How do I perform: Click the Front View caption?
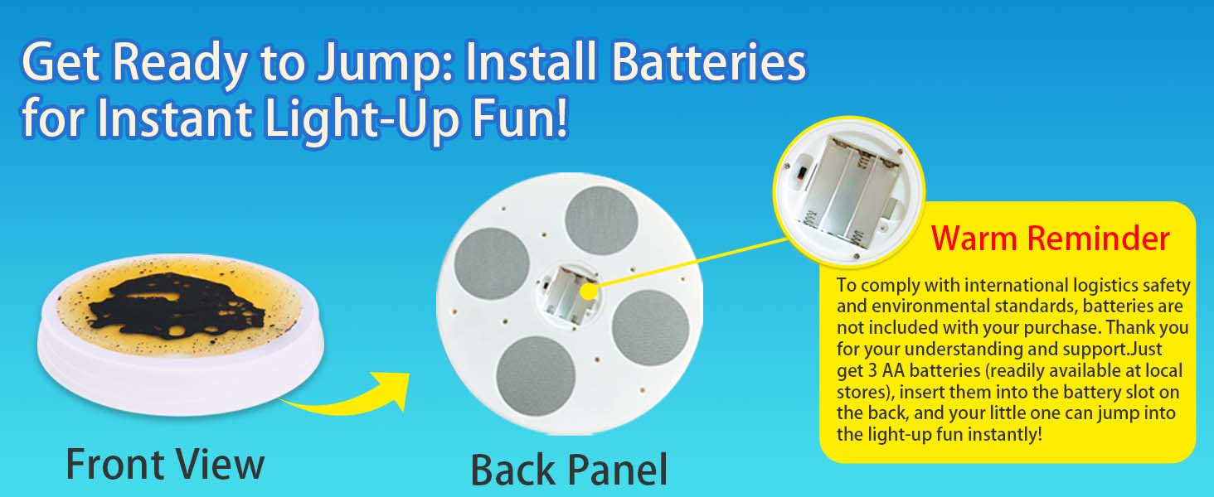coord(165,463)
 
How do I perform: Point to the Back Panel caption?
coord(569,469)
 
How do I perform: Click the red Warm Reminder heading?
coord(1051,238)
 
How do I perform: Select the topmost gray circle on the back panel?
coord(601,221)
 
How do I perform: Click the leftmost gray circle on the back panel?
coord(492,264)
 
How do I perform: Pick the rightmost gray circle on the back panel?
coord(650,327)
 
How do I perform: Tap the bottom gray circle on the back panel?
coord(536,376)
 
